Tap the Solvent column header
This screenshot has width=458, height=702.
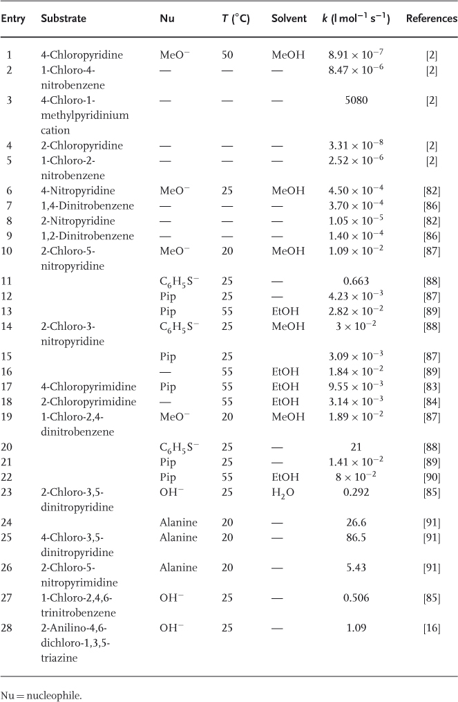coord(289,19)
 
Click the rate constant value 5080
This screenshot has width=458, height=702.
coord(356,100)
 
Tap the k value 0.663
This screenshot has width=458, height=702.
coord(356,282)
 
